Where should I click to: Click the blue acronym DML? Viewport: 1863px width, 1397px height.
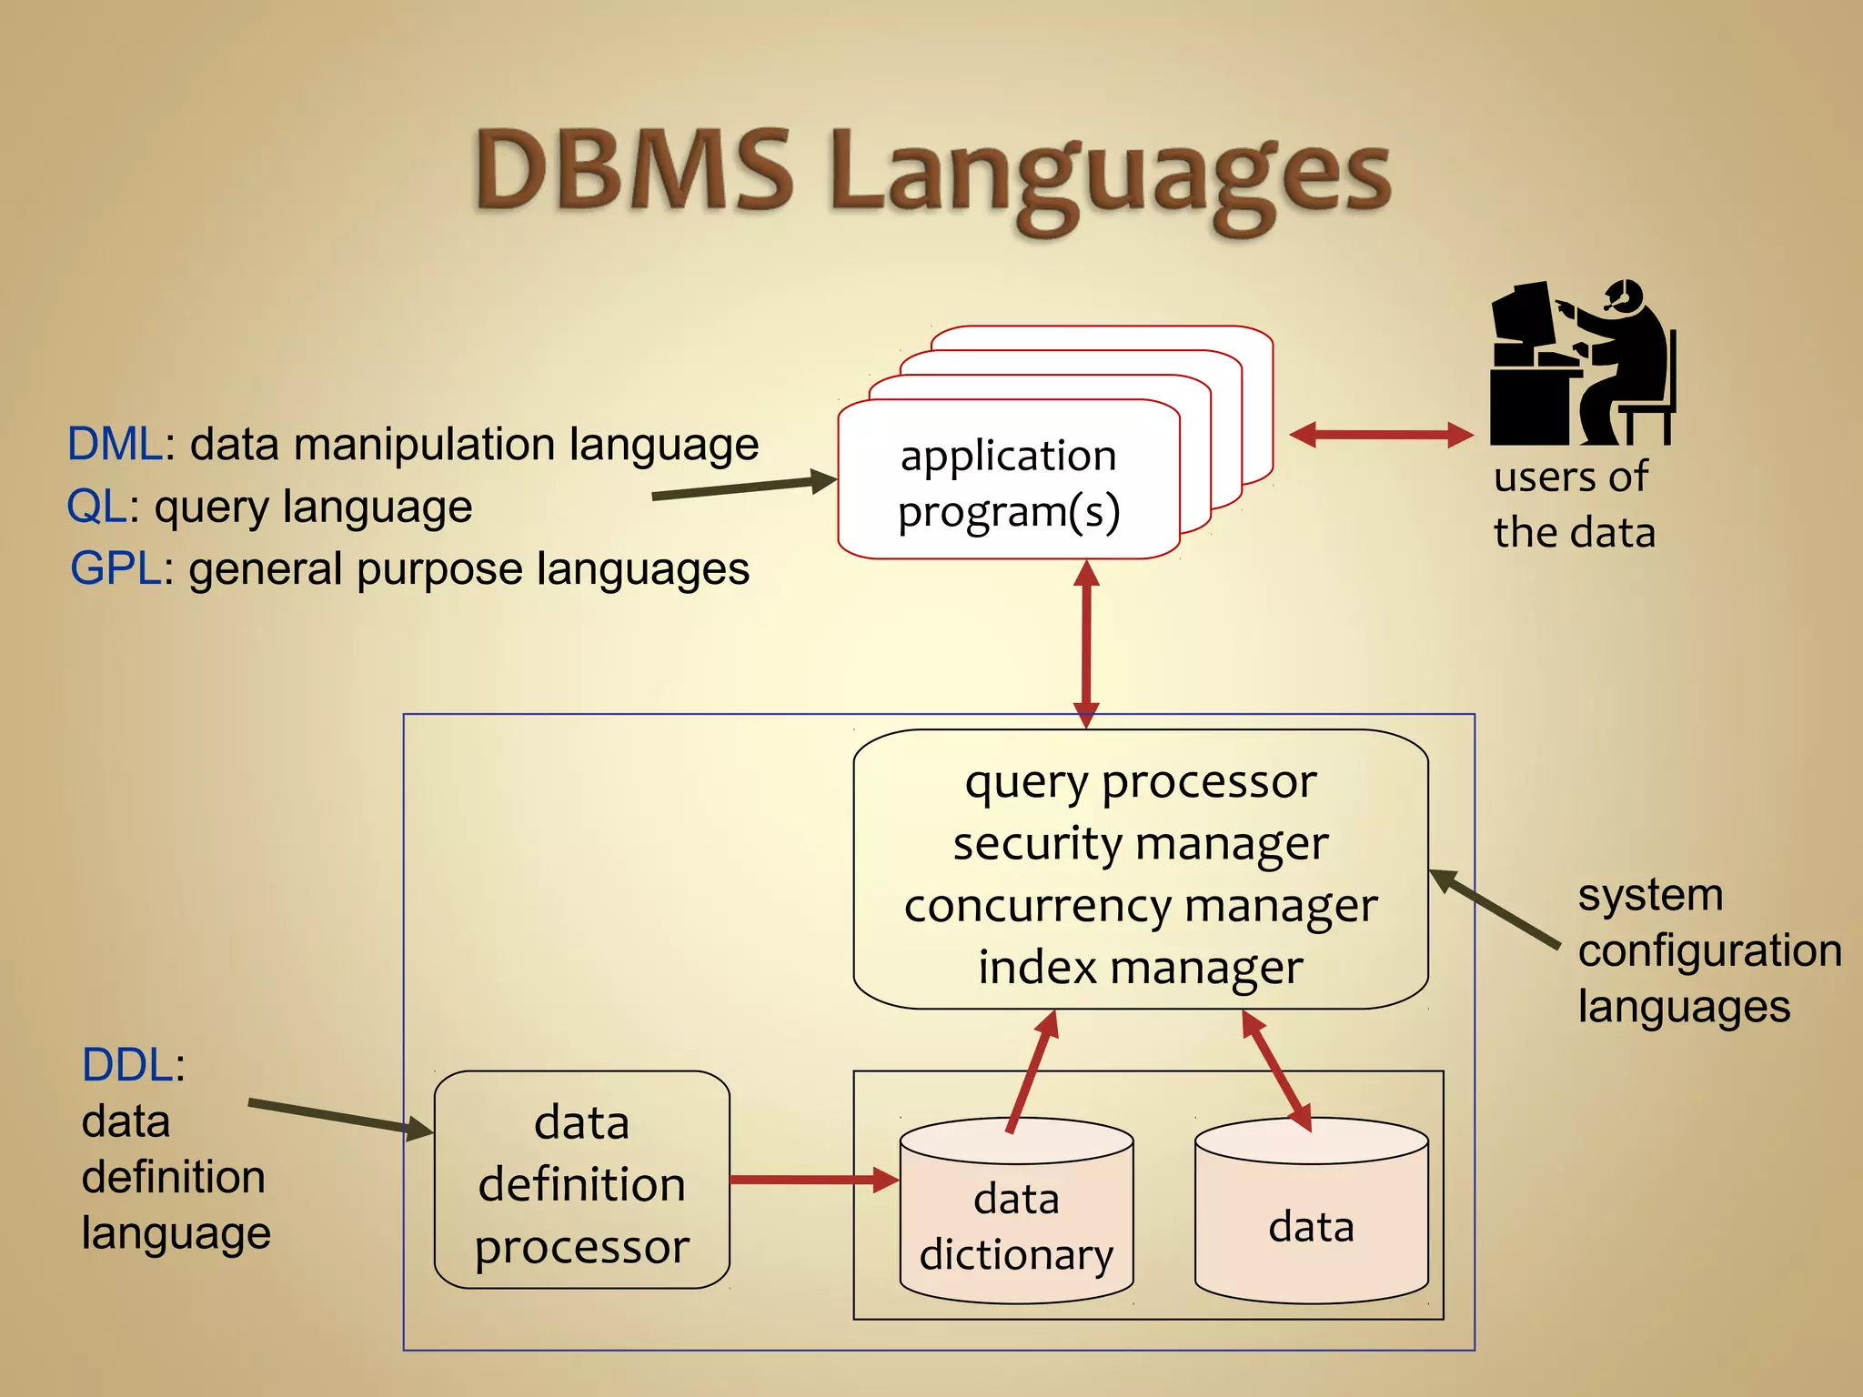click(x=115, y=445)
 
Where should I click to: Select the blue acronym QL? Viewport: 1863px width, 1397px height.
click(x=96, y=507)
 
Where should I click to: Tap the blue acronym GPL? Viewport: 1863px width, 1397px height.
click(x=116, y=569)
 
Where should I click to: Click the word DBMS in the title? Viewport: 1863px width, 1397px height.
click(x=634, y=171)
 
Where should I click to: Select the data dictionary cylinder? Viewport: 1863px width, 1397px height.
click(x=1016, y=1214)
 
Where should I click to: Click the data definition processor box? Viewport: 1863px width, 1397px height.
click(x=582, y=1181)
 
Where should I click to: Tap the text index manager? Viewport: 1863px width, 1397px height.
click(x=1140, y=967)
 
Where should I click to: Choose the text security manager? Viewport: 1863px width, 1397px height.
click(x=1140, y=844)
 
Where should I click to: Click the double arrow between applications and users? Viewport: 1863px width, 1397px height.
click(x=1381, y=435)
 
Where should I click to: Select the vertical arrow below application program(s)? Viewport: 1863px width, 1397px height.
click(x=1086, y=644)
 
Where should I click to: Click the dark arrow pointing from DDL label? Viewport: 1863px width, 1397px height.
click(x=338, y=1118)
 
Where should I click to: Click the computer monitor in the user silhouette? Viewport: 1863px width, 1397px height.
click(x=1522, y=314)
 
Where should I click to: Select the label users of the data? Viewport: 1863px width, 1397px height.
click(x=1574, y=505)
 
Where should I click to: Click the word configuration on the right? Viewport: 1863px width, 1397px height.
click(x=1709, y=951)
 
